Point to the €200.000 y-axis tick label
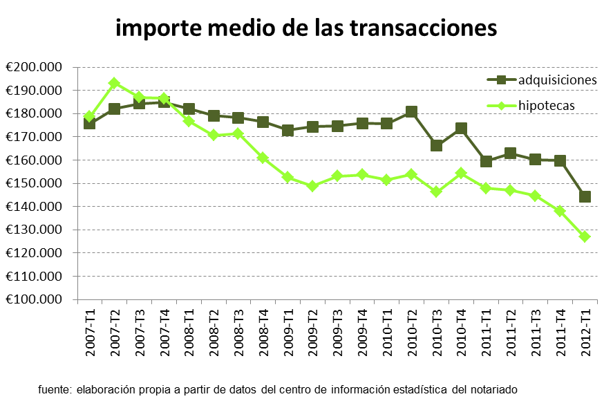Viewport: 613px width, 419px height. [x=34, y=67]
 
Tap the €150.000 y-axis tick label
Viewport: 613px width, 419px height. [x=34, y=183]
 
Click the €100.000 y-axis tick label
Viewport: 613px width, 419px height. [x=34, y=299]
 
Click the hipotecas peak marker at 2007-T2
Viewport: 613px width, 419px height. [x=115, y=83]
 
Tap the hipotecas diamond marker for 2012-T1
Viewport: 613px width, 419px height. [x=585, y=236]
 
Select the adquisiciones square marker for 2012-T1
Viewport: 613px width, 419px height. [x=585, y=196]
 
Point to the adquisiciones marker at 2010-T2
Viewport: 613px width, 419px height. [x=411, y=112]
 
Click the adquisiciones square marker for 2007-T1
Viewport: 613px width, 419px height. [x=90, y=123]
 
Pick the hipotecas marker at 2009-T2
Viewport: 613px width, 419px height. [x=312, y=186]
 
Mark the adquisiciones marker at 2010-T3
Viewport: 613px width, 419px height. [x=437, y=145]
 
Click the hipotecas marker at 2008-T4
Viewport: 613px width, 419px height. [x=263, y=158]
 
